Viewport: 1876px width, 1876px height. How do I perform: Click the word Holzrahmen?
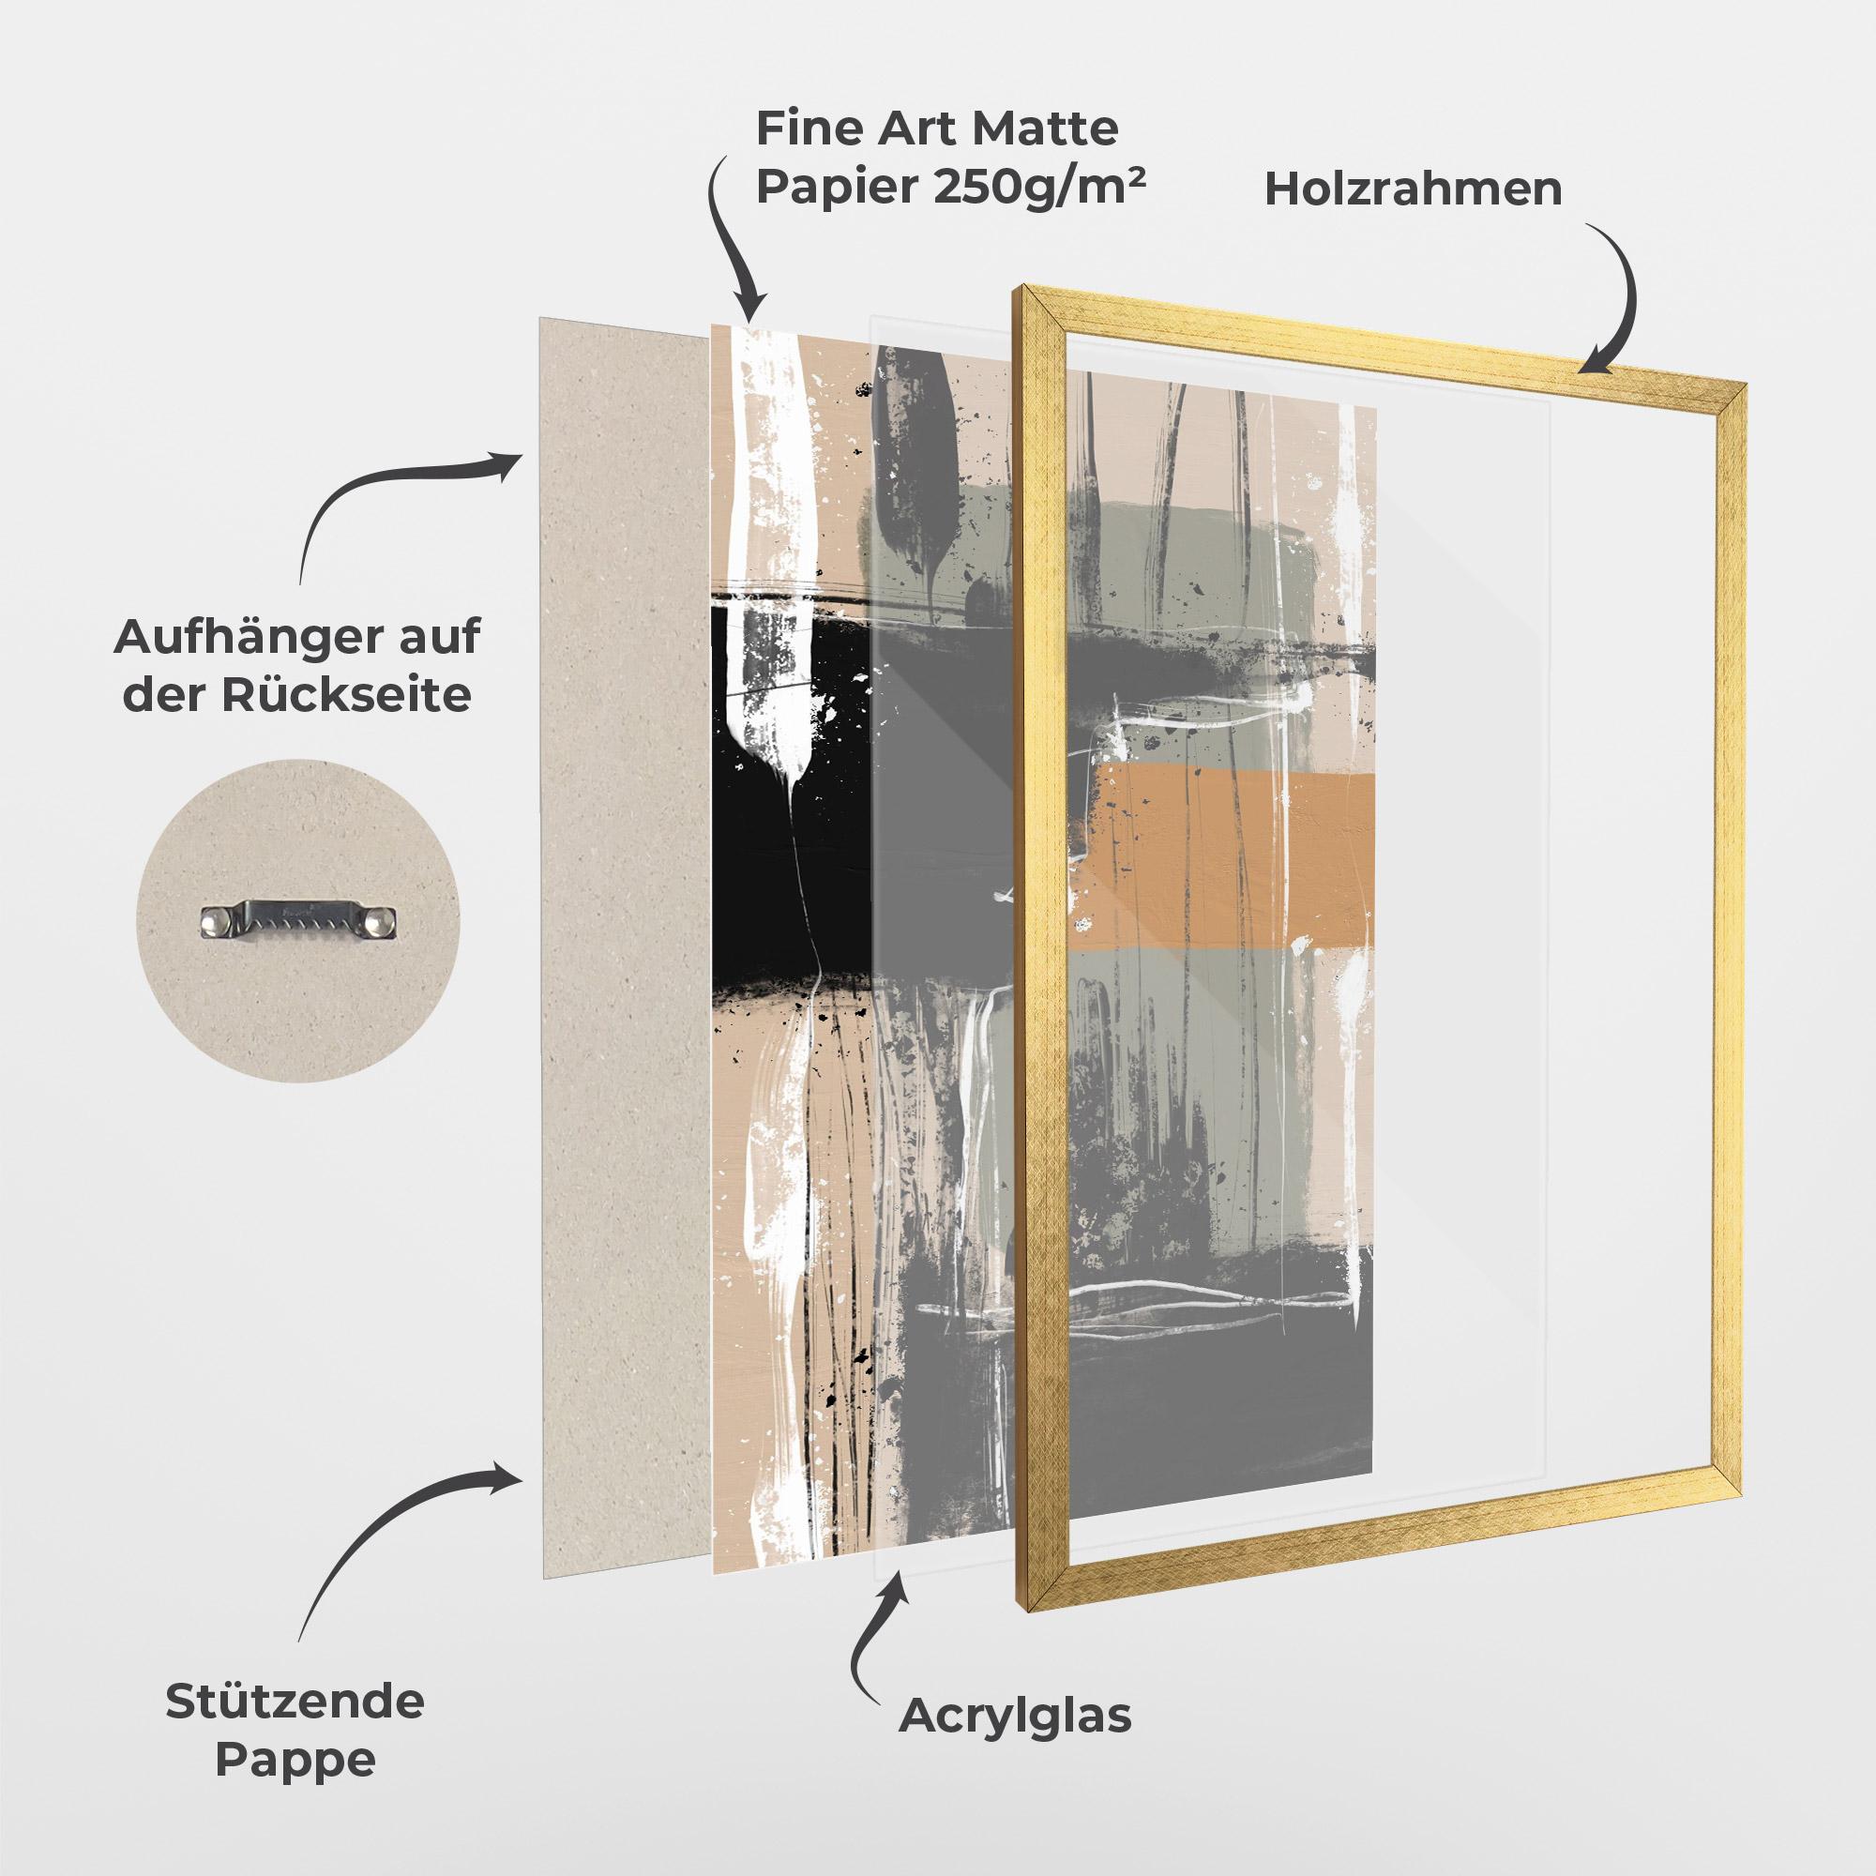click(x=1413, y=189)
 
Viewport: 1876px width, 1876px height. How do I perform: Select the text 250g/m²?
click(x=1039, y=185)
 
